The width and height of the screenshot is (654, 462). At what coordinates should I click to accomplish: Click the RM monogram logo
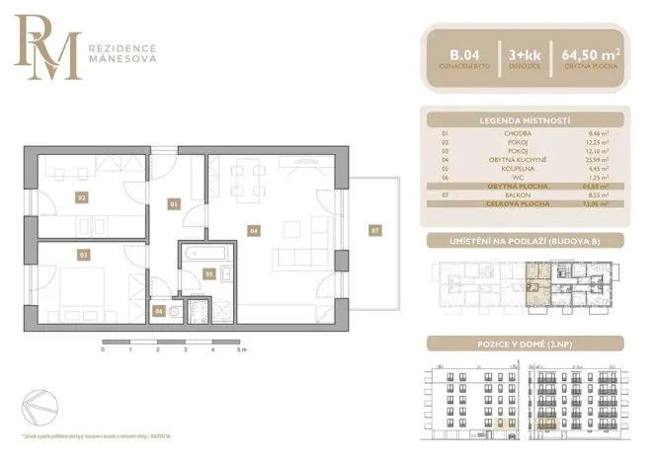click(x=46, y=47)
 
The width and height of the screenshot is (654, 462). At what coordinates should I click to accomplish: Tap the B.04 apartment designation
click(x=460, y=54)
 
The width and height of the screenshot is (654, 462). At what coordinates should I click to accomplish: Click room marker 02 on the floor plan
click(x=82, y=196)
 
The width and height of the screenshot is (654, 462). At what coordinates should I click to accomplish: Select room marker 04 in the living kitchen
click(x=254, y=230)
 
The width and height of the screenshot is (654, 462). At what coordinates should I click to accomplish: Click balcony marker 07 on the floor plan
click(x=374, y=230)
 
